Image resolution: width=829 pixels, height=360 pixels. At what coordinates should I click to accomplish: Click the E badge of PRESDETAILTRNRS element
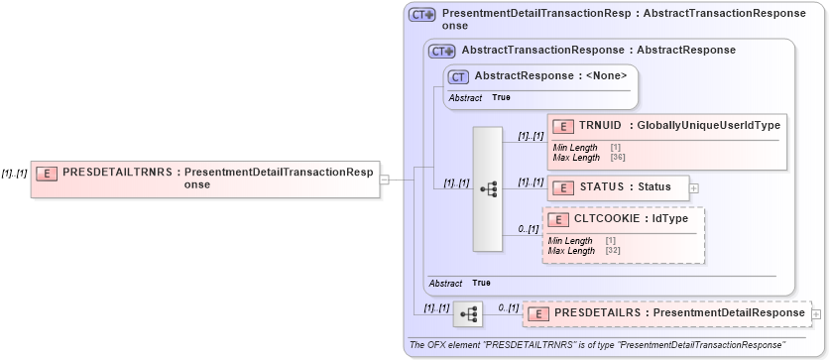[x=46, y=173]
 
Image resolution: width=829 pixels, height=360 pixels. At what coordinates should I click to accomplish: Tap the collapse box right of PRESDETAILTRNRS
[x=384, y=180]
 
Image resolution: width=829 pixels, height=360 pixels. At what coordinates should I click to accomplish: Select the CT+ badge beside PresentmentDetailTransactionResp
[x=423, y=15]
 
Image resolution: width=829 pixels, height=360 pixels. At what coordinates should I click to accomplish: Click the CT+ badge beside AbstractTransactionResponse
[x=441, y=50]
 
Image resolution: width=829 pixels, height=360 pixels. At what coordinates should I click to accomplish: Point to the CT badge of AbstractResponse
[x=459, y=75]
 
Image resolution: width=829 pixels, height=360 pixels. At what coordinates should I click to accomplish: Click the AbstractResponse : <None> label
[x=550, y=75]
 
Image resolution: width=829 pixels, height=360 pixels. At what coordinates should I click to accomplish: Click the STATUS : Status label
[x=626, y=186]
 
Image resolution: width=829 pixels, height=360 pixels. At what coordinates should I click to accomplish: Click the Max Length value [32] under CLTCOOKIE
[x=612, y=251]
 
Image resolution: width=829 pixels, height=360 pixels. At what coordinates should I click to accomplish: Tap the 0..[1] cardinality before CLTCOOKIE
[x=528, y=230]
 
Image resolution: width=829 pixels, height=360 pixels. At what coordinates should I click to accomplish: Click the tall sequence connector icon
[x=488, y=188]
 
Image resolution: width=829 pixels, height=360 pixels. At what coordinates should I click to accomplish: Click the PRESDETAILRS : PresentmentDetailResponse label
[x=679, y=313]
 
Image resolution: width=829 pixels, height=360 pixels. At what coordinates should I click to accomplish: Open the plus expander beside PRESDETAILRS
[x=816, y=314]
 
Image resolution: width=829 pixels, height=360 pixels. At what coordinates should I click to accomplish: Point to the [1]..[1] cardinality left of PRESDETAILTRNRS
[x=14, y=173]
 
